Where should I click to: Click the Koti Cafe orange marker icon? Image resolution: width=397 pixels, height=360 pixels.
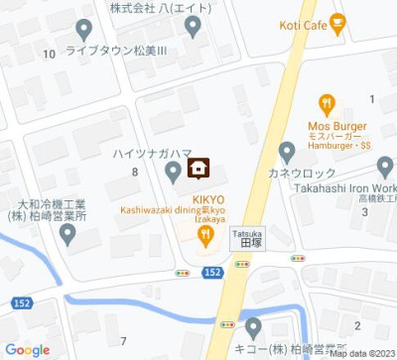pos(337,20)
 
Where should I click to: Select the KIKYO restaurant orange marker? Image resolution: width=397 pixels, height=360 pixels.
pos(205,235)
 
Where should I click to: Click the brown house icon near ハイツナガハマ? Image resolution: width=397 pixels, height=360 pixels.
pos(197,168)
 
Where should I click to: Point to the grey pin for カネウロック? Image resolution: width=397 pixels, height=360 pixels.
pos(288,152)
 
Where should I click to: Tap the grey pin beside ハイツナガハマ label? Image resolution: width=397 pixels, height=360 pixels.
pos(173,174)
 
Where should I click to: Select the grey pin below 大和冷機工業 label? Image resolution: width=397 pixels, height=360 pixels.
pos(67,234)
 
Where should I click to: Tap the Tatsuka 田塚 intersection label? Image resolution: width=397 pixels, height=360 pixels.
pos(247,240)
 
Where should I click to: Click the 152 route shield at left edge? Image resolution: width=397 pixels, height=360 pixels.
pos(22,302)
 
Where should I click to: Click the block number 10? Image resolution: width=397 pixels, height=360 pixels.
pos(49,54)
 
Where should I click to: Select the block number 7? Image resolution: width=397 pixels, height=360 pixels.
pos(122,341)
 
